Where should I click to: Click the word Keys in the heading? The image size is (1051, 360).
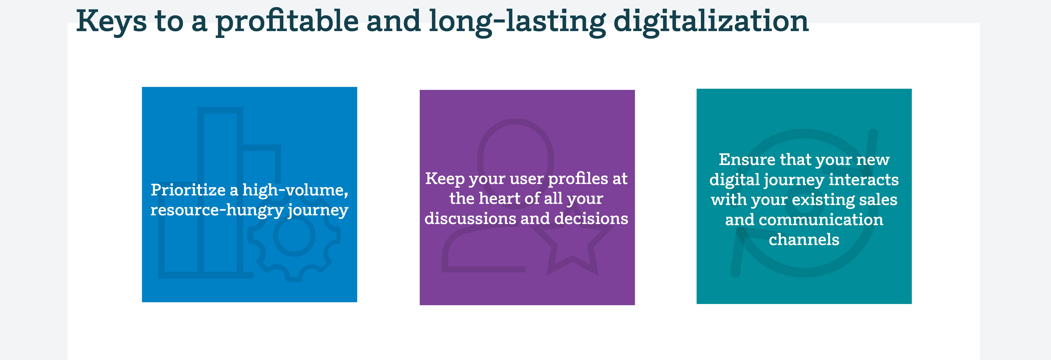(x=111, y=21)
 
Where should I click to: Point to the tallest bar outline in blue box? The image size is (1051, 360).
(x=200, y=192)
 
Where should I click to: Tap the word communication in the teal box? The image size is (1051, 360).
(x=821, y=220)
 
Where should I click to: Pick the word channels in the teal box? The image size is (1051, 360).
(x=804, y=240)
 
